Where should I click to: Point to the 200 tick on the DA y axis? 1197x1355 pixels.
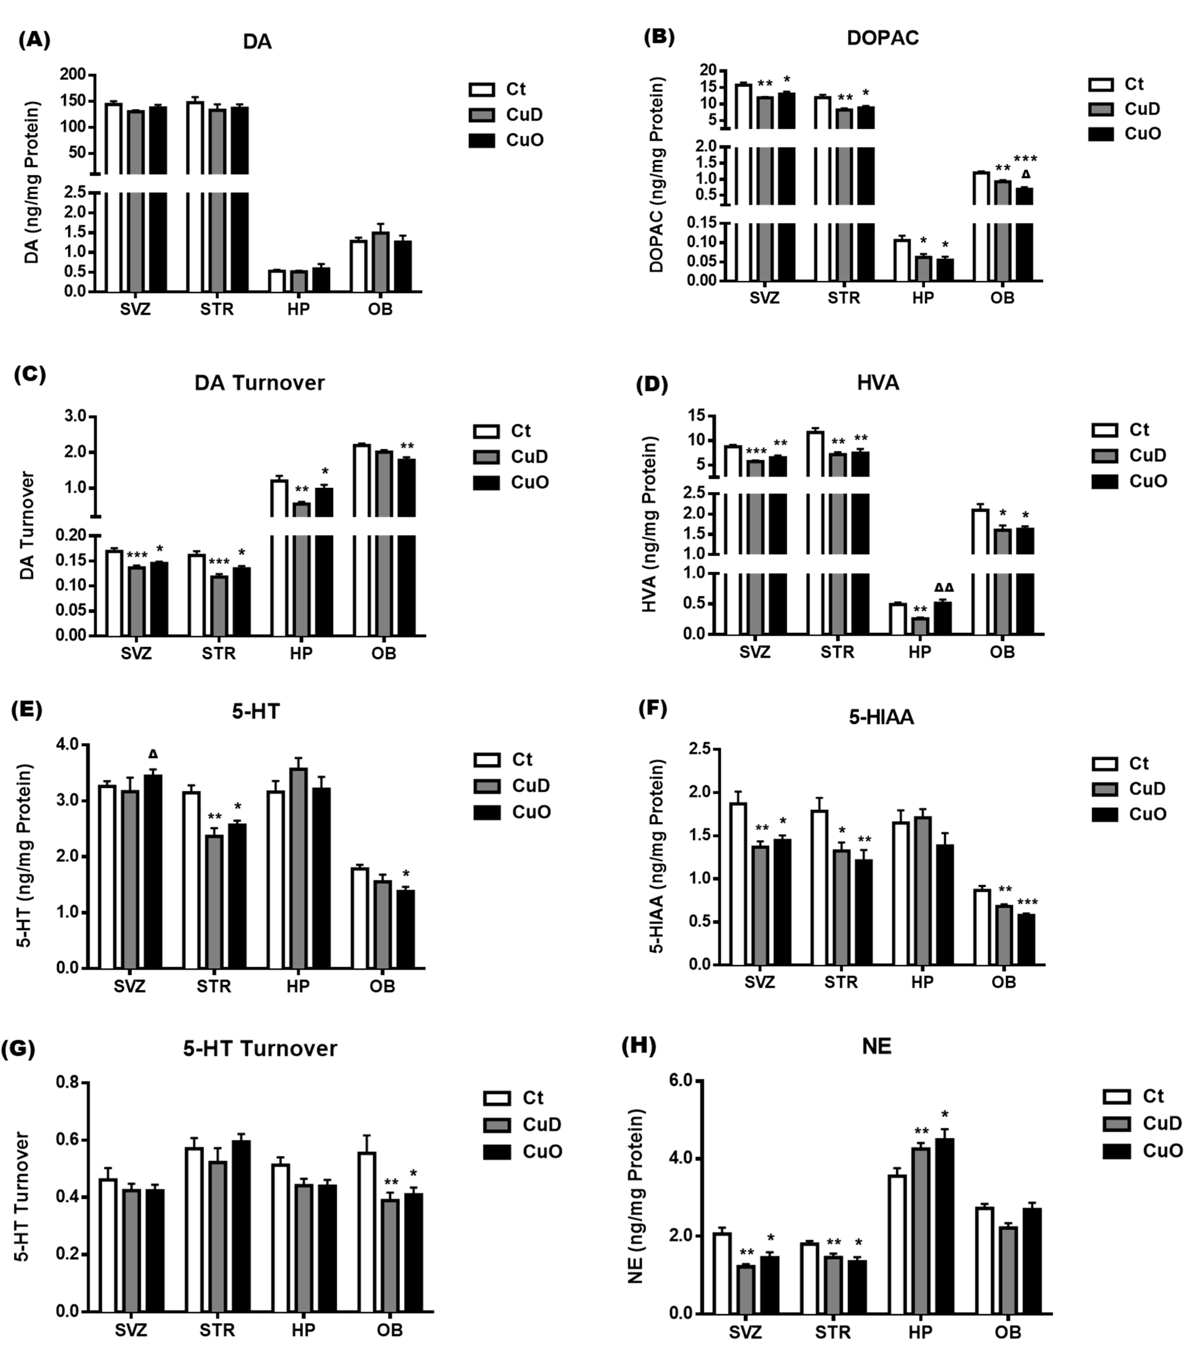(x=73, y=74)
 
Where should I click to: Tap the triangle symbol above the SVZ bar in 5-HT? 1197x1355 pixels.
(x=153, y=754)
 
